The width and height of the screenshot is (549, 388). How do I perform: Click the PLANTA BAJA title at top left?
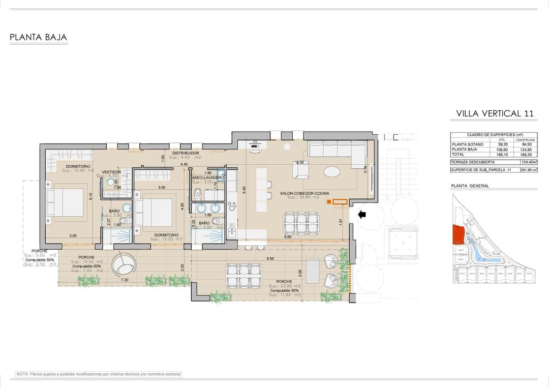pyautogui.click(x=38, y=38)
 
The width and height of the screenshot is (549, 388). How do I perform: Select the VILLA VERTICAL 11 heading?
pyautogui.click(x=495, y=113)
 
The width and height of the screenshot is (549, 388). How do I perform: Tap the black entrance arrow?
pyautogui.click(x=362, y=215)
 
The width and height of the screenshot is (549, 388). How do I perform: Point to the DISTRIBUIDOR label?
pyautogui.click(x=185, y=153)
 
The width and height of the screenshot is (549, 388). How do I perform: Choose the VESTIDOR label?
pyautogui.click(x=111, y=172)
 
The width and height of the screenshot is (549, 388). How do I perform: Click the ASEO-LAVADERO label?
pyautogui.click(x=207, y=177)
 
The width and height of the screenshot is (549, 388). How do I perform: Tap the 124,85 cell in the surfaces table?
pyautogui.click(x=525, y=149)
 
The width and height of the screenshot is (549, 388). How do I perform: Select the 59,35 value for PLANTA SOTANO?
pyautogui.click(x=502, y=144)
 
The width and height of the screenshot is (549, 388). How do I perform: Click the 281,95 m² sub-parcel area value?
pyautogui.click(x=525, y=170)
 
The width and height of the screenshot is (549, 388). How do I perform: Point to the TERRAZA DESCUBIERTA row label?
pyautogui.click(x=473, y=162)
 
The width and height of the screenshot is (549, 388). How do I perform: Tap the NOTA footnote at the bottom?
pyautogui.click(x=99, y=374)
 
